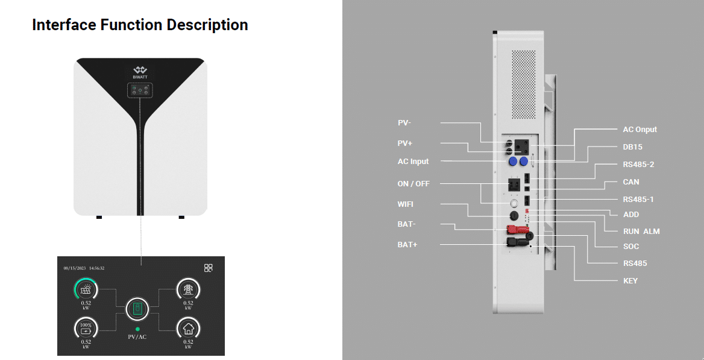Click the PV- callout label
pos(404,123)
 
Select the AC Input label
pos(413,162)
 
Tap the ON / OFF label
pos(413,184)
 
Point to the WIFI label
pos(406,204)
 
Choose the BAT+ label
pos(407,245)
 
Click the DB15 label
pos(632,147)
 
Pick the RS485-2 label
pos(638,164)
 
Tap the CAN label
pos(631,182)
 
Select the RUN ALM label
pos(641,231)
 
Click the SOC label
pos(631,247)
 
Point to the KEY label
pos(630,281)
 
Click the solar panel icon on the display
pos(86,288)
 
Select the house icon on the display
pos(188,329)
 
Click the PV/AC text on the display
pos(137,336)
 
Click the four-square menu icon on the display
pos(209,268)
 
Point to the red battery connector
pos(517,230)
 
